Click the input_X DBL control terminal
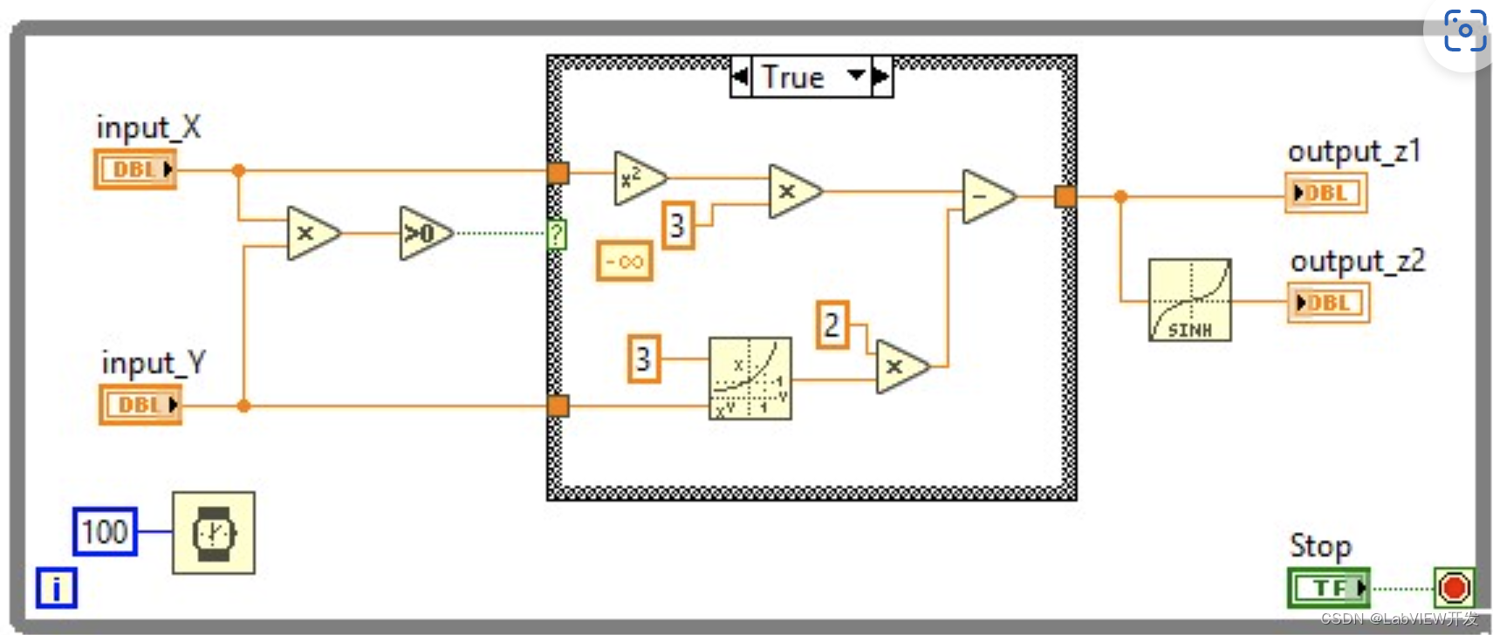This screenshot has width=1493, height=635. [135, 169]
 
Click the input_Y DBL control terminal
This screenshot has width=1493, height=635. [140, 405]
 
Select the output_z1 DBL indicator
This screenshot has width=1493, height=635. [1325, 193]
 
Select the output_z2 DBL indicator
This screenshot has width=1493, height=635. [1328, 303]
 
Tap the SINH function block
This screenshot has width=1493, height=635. [1189, 299]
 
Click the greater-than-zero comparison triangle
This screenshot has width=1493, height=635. [422, 233]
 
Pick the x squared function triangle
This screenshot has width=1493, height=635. [636, 178]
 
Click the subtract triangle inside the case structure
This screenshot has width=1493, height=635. [985, 196]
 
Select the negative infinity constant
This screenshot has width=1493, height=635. [624, 261]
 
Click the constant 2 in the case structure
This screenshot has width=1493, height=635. [832, 325]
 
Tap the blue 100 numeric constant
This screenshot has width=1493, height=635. [105, 531]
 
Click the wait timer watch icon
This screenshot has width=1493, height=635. [214, 533]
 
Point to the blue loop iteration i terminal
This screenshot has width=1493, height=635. [57, 588]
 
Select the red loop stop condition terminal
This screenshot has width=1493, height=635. [1454, 587]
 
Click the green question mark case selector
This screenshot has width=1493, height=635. [556, 234]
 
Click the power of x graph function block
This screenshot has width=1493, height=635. [750, 379]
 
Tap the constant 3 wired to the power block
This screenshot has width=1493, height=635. [643, 358]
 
